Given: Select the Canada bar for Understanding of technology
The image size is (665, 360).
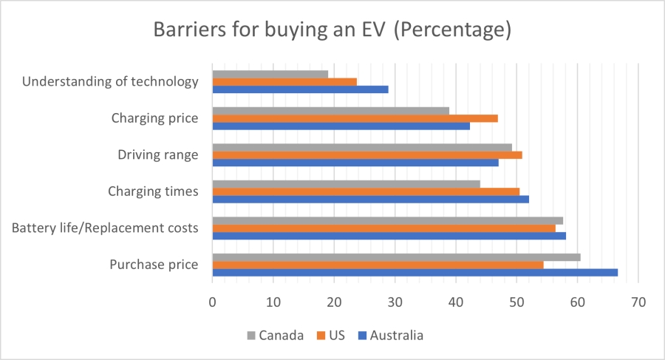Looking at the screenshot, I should (x=270, y=74).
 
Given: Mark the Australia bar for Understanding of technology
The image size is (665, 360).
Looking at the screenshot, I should (x=300, y=89).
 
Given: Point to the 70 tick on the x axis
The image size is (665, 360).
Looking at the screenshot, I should (x=638, y=302).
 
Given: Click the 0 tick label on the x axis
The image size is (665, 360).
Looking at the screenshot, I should (x=213, y=302).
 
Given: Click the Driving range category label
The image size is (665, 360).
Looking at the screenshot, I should (x=157, y=154).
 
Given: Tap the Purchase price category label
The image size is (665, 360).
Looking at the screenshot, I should (x=153, y=265).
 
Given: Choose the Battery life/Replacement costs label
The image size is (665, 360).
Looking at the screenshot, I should (x=105, y=228).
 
